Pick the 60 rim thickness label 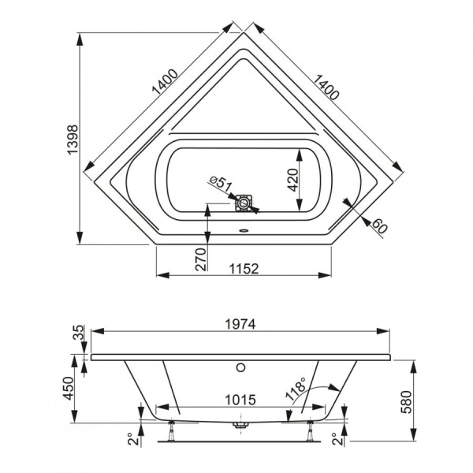click(x=380, y=225)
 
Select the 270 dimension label click(x=199, y=259)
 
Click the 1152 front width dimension click(x=246, y=269)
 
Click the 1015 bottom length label click(x=236, y=400)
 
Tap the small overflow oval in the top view click(x=244, y=232)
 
